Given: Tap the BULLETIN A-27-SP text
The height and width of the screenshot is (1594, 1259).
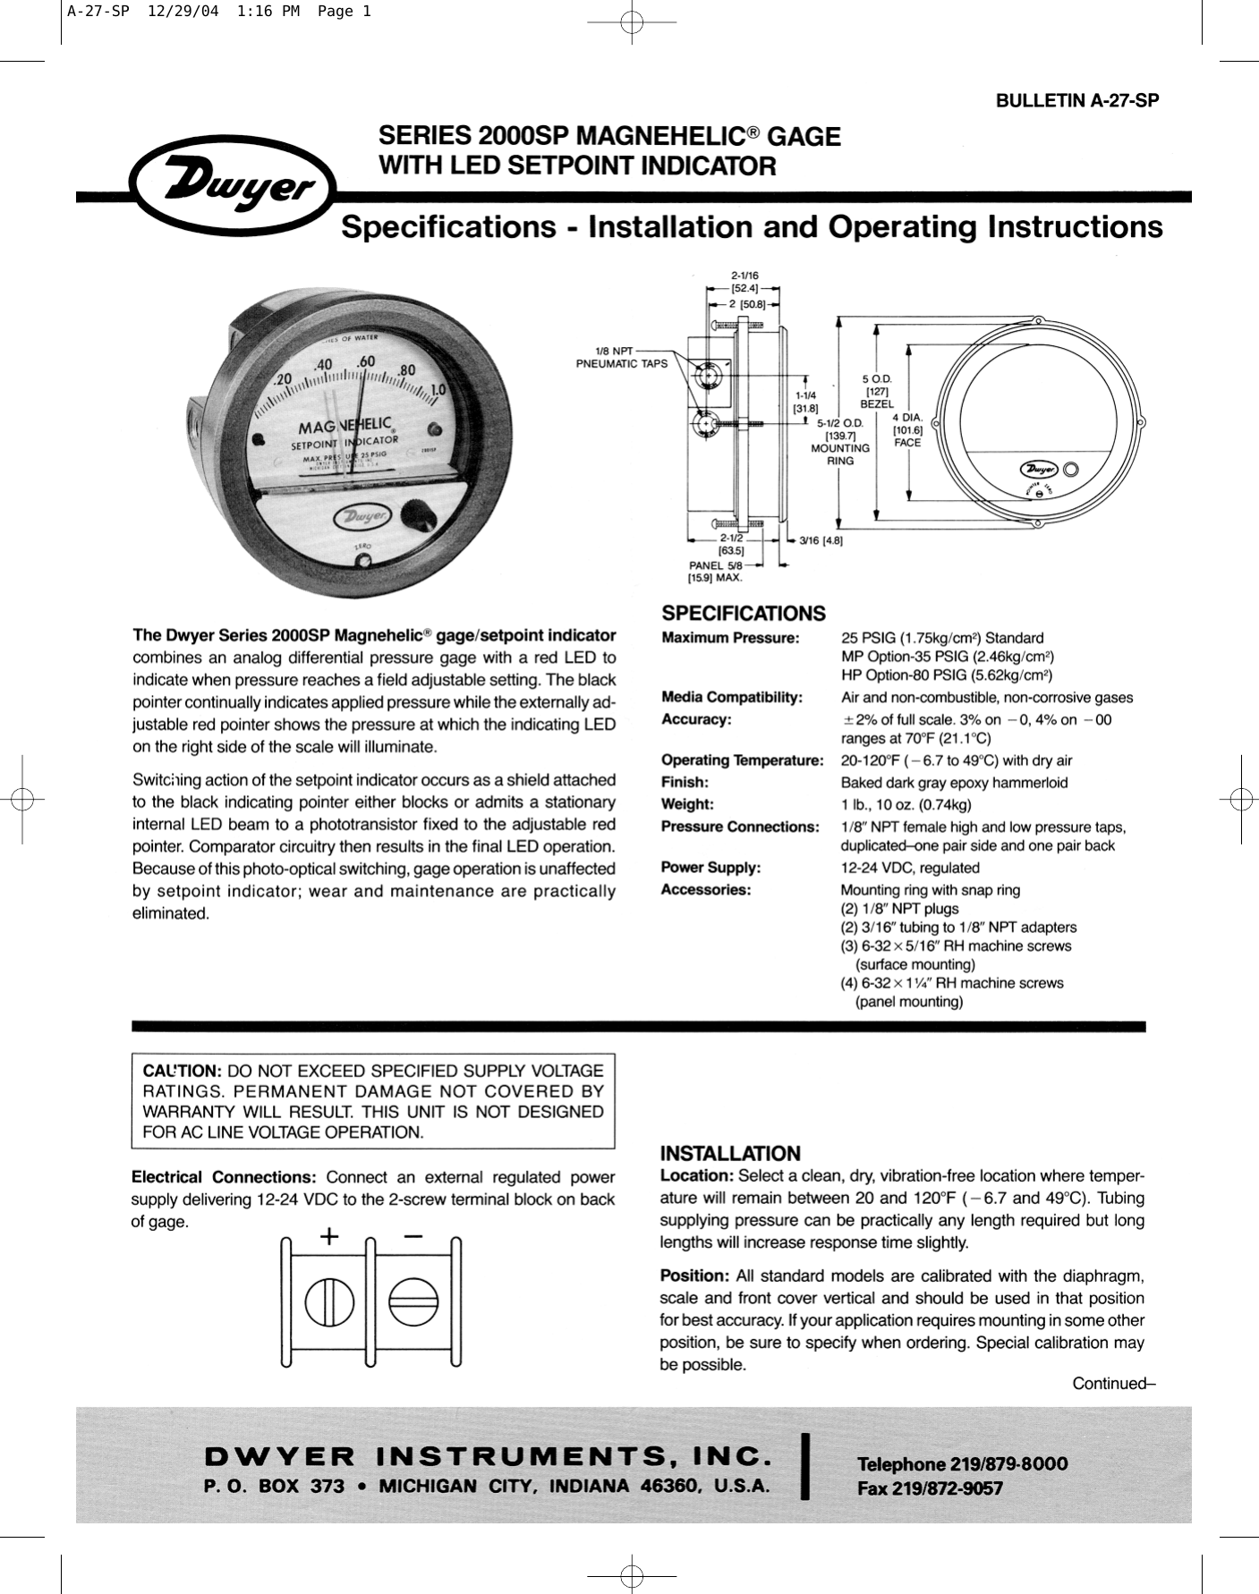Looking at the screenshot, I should click(1077, 100).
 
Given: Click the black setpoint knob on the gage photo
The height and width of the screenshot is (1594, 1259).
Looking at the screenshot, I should click(416, 516).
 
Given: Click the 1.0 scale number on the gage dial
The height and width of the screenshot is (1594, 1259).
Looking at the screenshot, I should click(438, 391).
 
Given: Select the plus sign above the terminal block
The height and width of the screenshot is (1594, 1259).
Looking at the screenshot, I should click(330, 1237).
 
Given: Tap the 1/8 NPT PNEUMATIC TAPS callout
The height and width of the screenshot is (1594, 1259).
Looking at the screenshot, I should click(621, 358).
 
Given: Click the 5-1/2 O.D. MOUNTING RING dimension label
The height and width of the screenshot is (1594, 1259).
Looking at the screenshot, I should click(839, 441).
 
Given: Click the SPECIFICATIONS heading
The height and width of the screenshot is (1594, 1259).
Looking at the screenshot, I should click(743, 614).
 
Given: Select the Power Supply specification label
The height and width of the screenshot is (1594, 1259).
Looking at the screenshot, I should click(710, 868).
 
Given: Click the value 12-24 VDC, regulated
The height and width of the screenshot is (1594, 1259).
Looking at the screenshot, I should click(909, 868).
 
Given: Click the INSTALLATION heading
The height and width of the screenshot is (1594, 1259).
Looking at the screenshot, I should click(730, 1154).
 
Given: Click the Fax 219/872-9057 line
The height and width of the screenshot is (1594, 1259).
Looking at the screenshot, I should click(930, 1489).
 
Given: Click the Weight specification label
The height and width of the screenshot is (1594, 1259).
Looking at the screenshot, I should click(687, 804).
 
